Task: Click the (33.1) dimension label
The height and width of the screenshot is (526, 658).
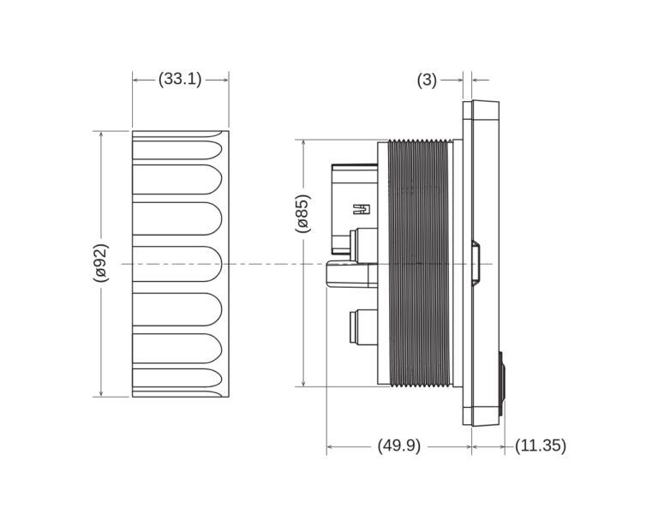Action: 180,80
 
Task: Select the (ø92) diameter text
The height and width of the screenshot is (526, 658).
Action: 101,263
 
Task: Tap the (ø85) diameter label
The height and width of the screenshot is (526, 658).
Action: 302,213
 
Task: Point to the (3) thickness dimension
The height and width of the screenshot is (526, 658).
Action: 427,80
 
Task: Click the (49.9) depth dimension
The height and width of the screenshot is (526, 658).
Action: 398,446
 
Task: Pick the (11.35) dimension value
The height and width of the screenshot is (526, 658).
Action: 541,446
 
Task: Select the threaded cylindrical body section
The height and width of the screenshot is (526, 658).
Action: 420,263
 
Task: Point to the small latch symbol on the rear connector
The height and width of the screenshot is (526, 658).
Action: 362,208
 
